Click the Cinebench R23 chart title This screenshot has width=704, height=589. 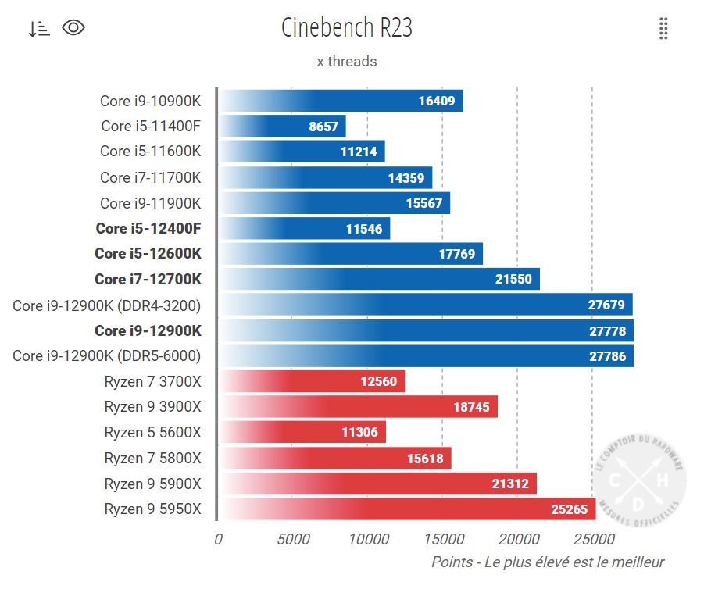pos(346,28)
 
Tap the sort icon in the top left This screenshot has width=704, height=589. pos(38,29)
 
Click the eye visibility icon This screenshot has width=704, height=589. pos(73,28)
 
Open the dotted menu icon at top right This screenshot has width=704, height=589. pos(663,28)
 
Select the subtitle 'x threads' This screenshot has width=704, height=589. pos(346,62)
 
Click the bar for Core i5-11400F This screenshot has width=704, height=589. pos(282,126)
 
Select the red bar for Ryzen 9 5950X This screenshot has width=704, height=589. pos(406,509)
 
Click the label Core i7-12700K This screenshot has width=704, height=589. pos(148,279)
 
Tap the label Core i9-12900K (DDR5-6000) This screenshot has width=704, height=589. pos(107,355)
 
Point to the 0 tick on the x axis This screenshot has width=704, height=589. pos(218,539)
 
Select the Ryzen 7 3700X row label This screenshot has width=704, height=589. pos(152,381)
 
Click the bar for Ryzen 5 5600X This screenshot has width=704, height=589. pos(302,432)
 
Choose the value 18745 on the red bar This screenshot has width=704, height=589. pos(471,407)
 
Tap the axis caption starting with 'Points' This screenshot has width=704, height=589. pos(548,562)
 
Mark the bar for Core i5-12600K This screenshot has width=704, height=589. pos(350,254)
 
